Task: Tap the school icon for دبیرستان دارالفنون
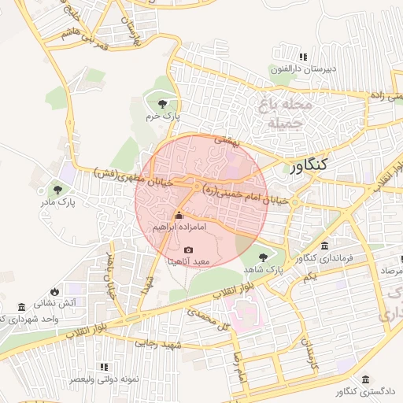point(303,57)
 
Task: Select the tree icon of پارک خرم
point(163,103)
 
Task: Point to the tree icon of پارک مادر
point(57,189)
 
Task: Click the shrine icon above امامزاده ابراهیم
point(179,216)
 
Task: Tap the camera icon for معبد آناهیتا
point(188,250)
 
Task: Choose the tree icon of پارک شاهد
point(263,257)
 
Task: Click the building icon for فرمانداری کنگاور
point(325,246)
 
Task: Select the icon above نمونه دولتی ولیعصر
point(104,367)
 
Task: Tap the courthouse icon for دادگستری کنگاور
point(364,379)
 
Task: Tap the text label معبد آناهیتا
point(188,261)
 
